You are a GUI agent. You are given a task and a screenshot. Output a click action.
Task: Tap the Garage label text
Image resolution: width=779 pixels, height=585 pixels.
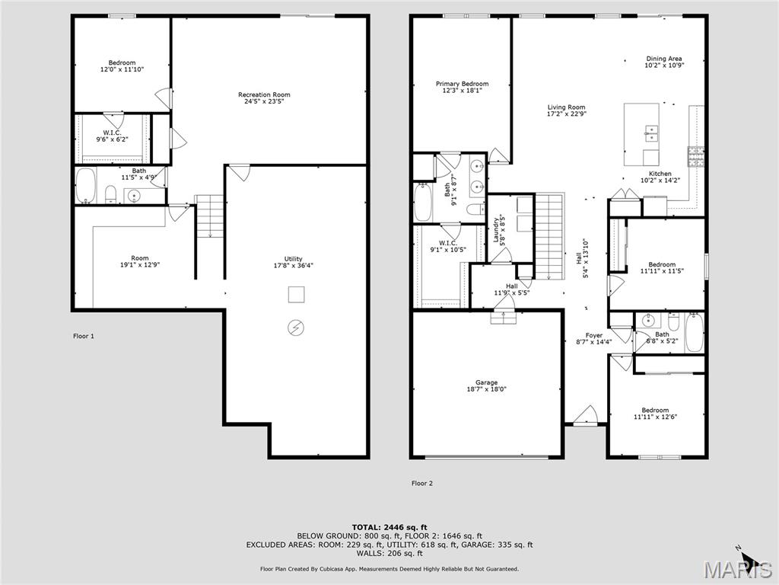[487, 382]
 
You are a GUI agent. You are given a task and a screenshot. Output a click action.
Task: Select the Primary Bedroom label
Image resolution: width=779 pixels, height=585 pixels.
[462, 84]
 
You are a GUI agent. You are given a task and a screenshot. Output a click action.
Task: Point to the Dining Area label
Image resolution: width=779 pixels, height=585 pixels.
[664, 59]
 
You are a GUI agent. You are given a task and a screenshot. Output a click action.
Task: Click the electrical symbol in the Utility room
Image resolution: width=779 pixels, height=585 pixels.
[295, 328]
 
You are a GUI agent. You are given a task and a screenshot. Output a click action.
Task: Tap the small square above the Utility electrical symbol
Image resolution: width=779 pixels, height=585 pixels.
[296, 293]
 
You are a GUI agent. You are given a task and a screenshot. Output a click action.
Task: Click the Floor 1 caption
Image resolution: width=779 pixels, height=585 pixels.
[83, 336]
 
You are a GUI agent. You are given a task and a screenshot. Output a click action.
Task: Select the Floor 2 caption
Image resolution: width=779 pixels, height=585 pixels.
[422, 483]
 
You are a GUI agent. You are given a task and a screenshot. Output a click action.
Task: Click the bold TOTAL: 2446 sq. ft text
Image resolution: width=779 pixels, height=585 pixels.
[389, 527]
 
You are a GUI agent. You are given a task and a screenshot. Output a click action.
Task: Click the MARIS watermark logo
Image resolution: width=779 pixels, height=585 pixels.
[734, 569]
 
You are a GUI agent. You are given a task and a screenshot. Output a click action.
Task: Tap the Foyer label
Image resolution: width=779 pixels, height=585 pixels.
[593, 335]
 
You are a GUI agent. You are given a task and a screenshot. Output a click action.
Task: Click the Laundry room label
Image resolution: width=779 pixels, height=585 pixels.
[495, 228]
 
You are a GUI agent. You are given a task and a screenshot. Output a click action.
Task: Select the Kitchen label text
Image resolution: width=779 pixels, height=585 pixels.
[660, 174]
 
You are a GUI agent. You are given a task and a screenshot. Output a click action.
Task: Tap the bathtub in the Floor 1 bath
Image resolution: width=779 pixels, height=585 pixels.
[84, 186]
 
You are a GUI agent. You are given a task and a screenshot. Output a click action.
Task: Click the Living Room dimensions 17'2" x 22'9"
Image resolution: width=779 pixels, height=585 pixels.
[567, 114]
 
